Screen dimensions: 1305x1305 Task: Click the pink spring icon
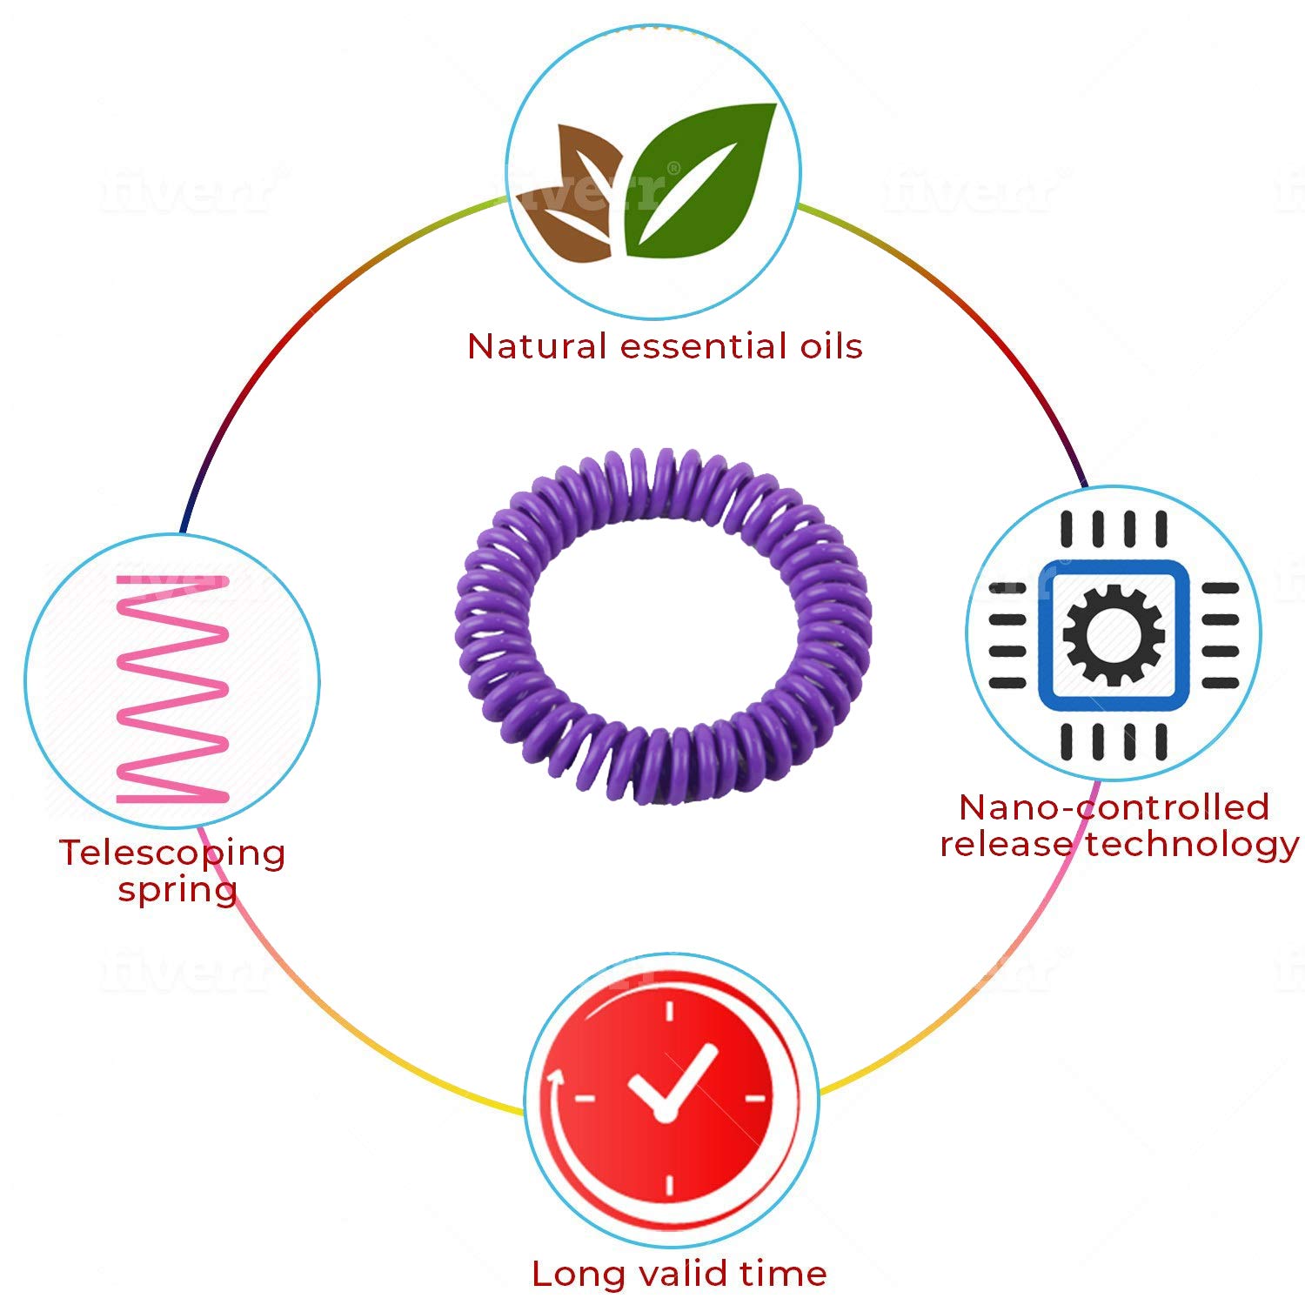pos(172,687)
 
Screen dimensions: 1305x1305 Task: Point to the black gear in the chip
pos(1114,635)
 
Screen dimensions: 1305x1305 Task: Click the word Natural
pos(536,346)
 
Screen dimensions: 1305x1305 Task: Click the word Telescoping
pos(172,853)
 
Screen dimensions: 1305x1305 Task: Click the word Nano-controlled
pos(1114,807)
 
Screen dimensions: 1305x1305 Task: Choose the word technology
pos(1192,844)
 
